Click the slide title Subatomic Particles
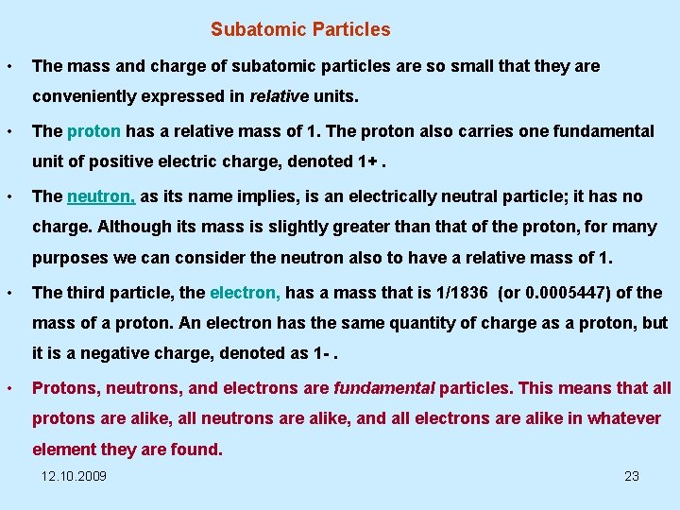point(300,29)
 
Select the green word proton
point(93,131)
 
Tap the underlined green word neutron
point(101,196)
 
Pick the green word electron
point(245,293)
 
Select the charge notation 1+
point(369,161)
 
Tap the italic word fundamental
point(384,387)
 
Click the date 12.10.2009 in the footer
point(75,476)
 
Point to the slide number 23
point(632,476)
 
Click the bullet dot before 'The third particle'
point(8,293)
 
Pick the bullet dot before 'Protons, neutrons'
point(8,387)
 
